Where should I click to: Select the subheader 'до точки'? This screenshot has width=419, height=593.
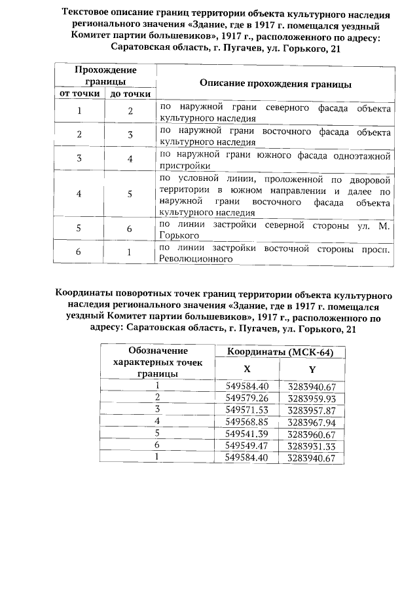tap(130, 94)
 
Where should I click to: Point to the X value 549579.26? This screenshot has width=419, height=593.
tap(246, 397)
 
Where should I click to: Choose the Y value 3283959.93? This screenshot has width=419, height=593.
tap(312, 397)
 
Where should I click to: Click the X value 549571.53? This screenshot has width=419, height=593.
tap(246, 409)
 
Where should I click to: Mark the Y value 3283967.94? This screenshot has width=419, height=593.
tap(312, 421)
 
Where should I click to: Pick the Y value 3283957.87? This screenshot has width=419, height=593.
tap(312, 409)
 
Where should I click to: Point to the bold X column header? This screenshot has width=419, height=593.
tap(247, 369)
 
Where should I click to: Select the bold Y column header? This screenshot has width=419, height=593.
tap(312, 369)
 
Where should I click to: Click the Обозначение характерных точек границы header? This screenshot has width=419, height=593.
tap(158, 362)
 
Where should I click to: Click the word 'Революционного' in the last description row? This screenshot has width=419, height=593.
tap(196, 259)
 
